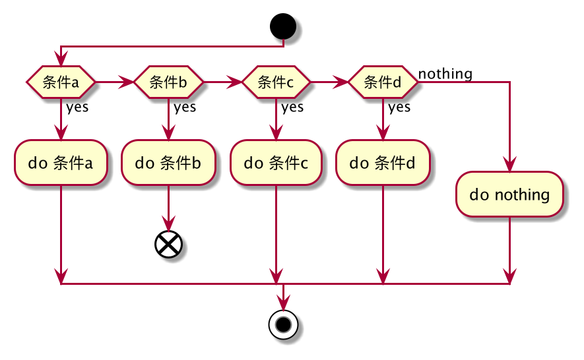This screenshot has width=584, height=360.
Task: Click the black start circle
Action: [x=283, y=28]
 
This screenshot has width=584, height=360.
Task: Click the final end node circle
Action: [x=283, y=324]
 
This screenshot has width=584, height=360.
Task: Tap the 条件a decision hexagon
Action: [x=61, y=82]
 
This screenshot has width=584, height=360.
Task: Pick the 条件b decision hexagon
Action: [x=168, y=82]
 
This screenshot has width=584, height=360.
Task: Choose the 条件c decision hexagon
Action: [x=276, y=82]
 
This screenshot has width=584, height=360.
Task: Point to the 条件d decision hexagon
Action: [x=383, y=82]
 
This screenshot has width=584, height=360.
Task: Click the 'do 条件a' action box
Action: [x=61, y=162]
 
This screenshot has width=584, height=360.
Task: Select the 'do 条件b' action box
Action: [x=168, y=162]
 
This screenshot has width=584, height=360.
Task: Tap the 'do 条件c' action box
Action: [x=276, y=162]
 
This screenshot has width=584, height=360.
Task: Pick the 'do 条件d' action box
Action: [x=383, y=162]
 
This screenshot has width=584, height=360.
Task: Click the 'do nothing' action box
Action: [x=509, y=195]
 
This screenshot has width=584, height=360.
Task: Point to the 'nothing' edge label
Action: [x=445, y=74]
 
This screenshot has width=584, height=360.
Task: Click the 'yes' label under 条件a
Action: [x=77, y=107]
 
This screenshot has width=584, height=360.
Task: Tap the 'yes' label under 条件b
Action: [x=185, y=107]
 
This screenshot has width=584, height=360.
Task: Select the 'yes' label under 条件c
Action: [x=292, y=107]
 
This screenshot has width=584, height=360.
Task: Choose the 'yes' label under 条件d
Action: [x=399, y=107]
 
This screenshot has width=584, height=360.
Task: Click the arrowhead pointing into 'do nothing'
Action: [x=509, y=165]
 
